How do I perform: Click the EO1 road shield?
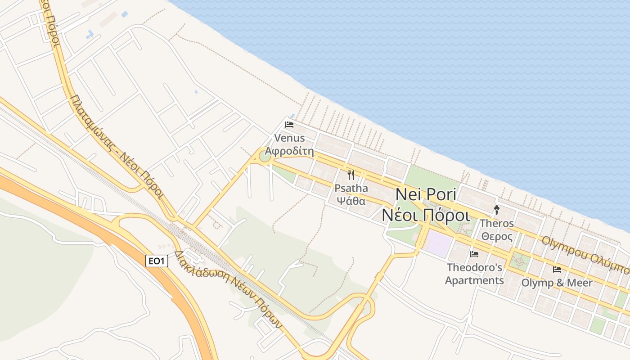(x=157, y=261)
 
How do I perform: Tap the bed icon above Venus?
(x=289, y=124)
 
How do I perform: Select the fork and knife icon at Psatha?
(x=351, y=175)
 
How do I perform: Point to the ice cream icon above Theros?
(x=497, y=210)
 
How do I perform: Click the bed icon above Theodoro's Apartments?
(x=474, y=254)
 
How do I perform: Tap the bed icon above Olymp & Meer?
(x=557, y=270)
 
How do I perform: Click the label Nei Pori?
(x=426, y=195)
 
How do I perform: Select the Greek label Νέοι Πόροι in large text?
(x=426, y=215)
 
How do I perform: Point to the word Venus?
(x=289, y=138)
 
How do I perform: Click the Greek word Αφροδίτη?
(x=289, y=151)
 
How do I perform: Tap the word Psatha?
(x=351, y=188)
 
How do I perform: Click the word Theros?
(x=497, y=223)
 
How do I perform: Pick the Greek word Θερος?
(x=497, y=236)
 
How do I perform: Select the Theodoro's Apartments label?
(x=474, y=274)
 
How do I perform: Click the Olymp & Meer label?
(x=557, y=283)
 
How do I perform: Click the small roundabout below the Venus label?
(x=265, y=156)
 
